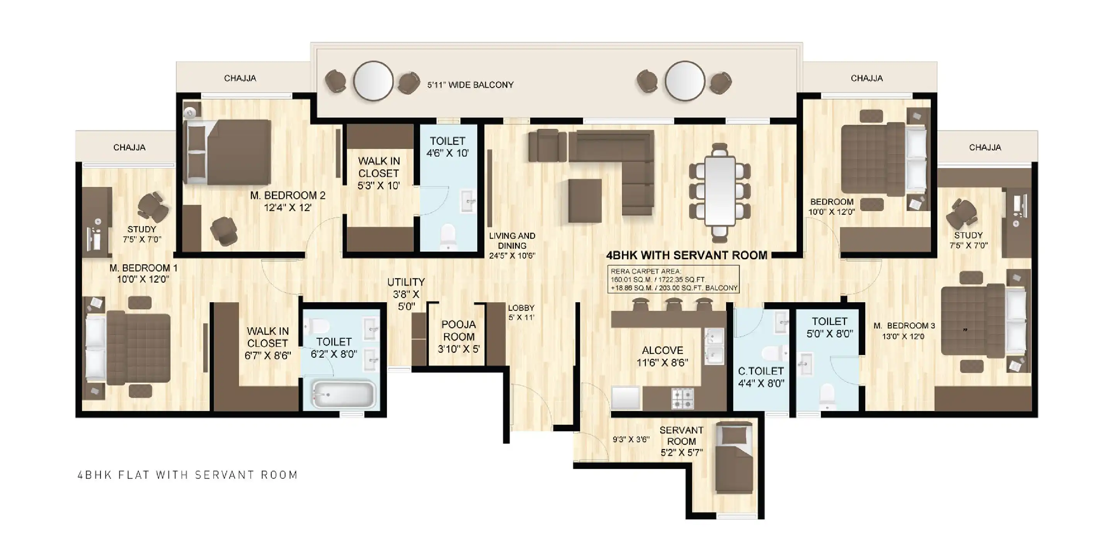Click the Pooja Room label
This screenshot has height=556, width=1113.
(x=458, y=337)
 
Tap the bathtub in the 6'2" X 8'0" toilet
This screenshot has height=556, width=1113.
(x=344, y=394)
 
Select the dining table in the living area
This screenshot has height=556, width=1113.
(x=720, y=191)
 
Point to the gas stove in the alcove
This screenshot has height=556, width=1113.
(x=682, y=398)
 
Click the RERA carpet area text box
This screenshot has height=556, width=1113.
(x=673, y=279)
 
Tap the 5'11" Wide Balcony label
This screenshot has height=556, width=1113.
(x=471, y=85)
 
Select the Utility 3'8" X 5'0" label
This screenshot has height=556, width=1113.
(x=406, y=294)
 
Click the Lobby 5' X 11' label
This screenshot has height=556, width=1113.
(x=521, y=312)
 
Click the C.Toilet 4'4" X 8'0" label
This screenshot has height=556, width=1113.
(x=761, y=377)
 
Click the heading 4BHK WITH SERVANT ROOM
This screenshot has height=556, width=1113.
(x=687, y=256)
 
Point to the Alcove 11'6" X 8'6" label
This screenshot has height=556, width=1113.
(x=662, y=356)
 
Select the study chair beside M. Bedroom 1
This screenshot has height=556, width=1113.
(x=153, y=207)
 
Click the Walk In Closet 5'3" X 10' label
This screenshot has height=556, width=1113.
(x=378, y=173)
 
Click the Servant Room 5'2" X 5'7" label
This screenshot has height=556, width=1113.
(x=681, y=441)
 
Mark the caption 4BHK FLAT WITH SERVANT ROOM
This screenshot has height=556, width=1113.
(x=187, y=475)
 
